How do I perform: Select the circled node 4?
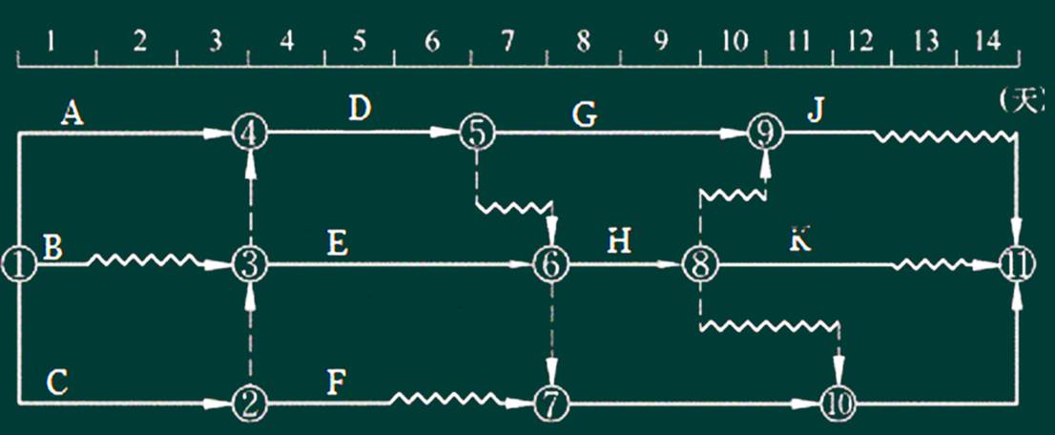(x=250, y=134)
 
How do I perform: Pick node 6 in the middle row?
(x=552, y=264)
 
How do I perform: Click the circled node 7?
(x=551, y=403)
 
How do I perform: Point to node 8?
(x=699, y=264)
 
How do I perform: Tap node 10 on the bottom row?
(x=839, y=404)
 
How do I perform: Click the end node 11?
(x=1017, y=264)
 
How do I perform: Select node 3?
(x=250, y=264)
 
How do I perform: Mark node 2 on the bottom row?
(x=250, y=403)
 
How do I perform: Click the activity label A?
(x=70, y=114)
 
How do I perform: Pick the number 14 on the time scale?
(x=986, y=43)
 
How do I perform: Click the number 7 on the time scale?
(x=507, y=43)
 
